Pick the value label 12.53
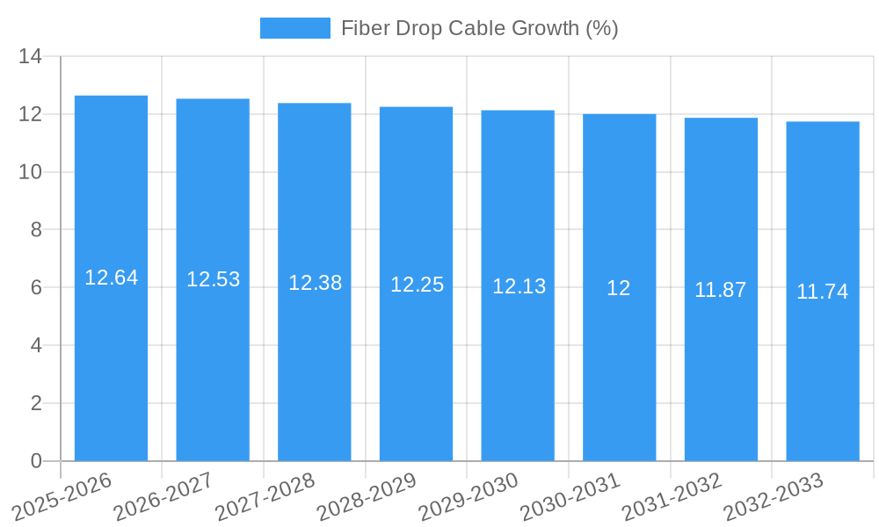tap(213, 279)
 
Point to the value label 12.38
tap(315, 283)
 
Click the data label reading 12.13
tap(519, 286)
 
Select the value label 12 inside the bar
tap(619, 288)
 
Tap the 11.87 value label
tap(720, 290)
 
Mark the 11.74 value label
tap(822, 292)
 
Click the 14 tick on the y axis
tap(31, 57)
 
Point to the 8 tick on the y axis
tap(36, 230)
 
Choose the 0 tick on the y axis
tap(36, 461)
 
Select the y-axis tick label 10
tap(31, 172)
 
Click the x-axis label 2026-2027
tap(164, 497)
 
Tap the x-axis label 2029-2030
tap(469, 497)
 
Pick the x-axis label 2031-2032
tap(673, 497)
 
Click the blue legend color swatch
tap(295, 28)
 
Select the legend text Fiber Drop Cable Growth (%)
tap(479, 28)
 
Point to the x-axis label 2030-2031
tap(571, 497)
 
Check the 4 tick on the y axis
tap(36, 345)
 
